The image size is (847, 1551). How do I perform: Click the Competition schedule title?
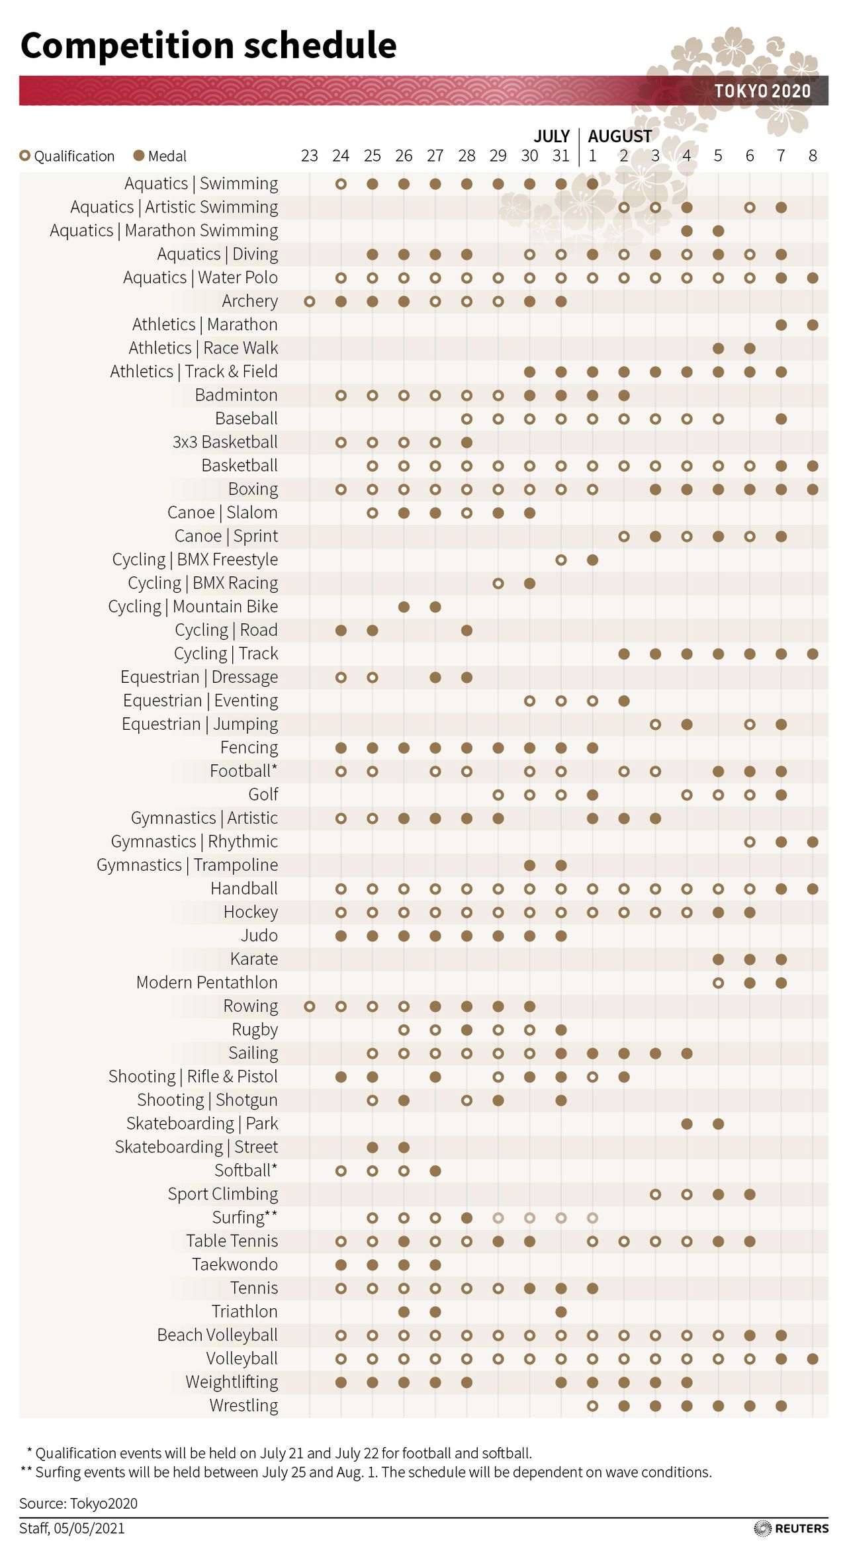click(x=208, y=46)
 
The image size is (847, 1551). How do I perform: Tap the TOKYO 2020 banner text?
click(x=762, y=91)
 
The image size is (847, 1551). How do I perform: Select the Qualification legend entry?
click(x=67, y=156)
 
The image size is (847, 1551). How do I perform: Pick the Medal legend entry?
click(x=160, y=156)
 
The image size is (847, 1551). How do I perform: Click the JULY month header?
click(x=551, y=136)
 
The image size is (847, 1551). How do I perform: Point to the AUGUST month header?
click(x=620, y=136)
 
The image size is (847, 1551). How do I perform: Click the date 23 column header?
click(x=309, y=156)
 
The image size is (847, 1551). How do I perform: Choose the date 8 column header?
click(x=813, y=156)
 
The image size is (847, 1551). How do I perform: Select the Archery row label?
click(x=249, y=301)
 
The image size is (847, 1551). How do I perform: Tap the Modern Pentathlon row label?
click(x=206, y=983)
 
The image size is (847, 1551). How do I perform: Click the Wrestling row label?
click(x=244, y=1405)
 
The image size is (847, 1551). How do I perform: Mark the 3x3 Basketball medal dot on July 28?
click(x=467, y=442)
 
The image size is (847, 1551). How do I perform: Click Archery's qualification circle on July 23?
click(x=309, y=302)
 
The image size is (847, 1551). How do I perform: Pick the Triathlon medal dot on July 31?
click(x=561, y=1311)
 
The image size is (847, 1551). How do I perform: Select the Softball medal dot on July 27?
click(x=435, y=1171)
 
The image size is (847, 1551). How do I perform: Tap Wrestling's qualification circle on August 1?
click(x=592, y=1405)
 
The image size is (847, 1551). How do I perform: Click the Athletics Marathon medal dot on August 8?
click(x=813, y=325)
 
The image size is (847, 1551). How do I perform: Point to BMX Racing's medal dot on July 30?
click(x=529, y=583)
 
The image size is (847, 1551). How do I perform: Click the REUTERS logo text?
click(x=801, y=1529)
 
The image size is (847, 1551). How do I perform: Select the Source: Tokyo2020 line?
click(x=78, y=1503)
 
